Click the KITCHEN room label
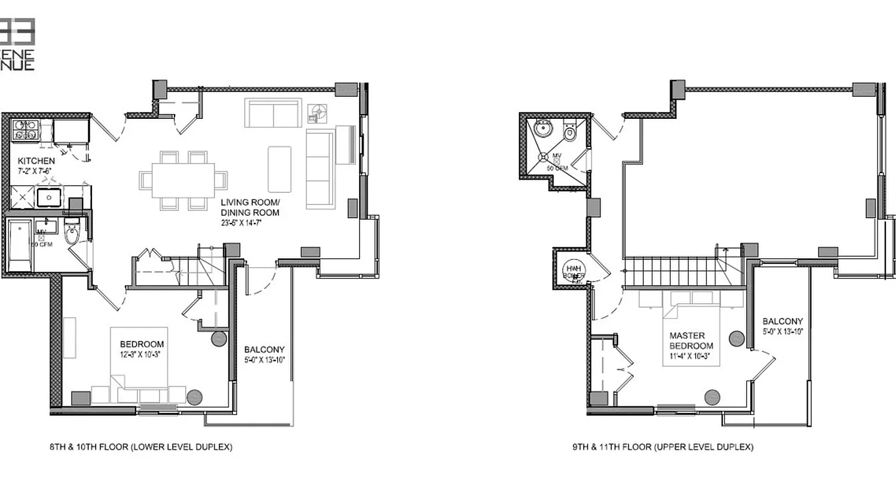coord(36,161)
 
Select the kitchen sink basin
coord(48,197)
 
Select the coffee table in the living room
coord(280,169)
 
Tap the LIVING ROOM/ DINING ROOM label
coord(250,207)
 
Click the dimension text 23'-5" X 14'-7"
coord(241,223)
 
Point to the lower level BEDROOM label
coord(142,344)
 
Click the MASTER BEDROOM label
coord(691,341)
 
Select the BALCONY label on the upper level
coord(783,321)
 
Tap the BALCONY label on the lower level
coord(265,350)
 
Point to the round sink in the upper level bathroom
coord(544,128)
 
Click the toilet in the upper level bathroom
coord(569,133)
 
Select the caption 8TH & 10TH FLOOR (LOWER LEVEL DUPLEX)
coord(140,446)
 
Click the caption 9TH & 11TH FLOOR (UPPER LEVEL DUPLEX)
coord(662,446)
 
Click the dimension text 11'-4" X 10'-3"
coord(691,357)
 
